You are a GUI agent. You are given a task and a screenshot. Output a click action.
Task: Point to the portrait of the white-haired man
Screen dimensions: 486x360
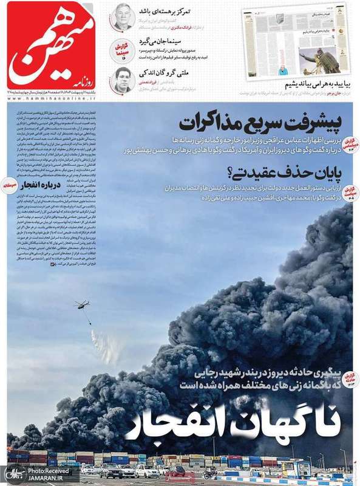click(x=124, y=17)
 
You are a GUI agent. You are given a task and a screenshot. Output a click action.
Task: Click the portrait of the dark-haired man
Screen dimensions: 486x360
click(x=124, y=80)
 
